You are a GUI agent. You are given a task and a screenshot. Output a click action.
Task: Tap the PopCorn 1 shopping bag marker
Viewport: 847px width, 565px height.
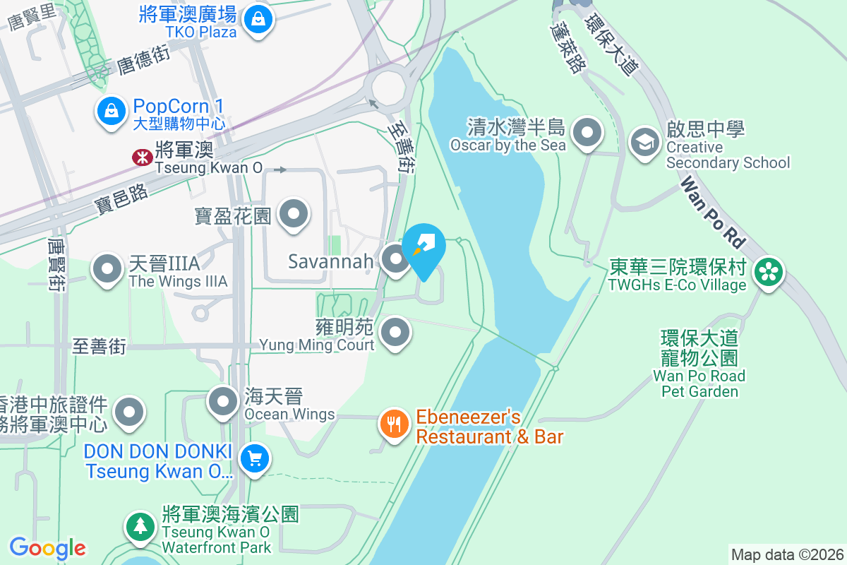click(x=111, y=111)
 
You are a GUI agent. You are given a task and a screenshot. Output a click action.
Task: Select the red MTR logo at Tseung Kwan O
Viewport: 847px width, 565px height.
click(x=143, y=157)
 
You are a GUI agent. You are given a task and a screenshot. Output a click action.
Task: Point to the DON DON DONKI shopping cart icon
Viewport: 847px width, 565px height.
click(x=254, y=460)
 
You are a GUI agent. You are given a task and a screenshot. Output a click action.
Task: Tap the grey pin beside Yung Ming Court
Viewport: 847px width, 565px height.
click(x=396, y=332)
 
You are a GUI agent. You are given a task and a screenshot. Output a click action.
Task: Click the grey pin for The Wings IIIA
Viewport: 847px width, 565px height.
click(x=108, y=269)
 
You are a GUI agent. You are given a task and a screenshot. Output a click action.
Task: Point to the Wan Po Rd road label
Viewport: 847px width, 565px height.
click(x=713, y=213)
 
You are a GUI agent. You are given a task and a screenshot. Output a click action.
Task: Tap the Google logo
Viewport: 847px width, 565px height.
click(x=48, y=548)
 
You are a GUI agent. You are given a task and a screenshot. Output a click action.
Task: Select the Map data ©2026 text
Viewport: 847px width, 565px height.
click(x=787, y=554)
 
